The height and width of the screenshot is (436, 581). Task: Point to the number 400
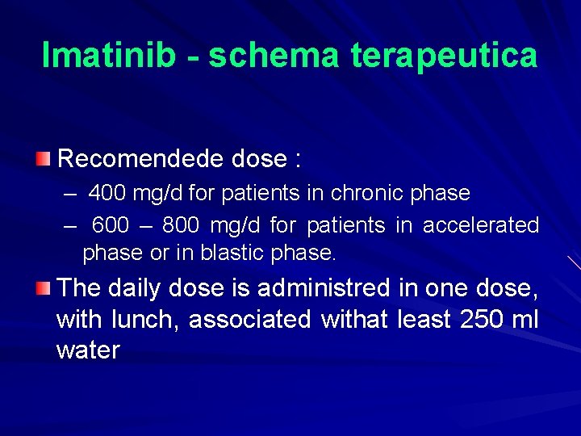105,194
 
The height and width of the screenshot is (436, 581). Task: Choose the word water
88,350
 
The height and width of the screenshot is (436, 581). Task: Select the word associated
249,320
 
